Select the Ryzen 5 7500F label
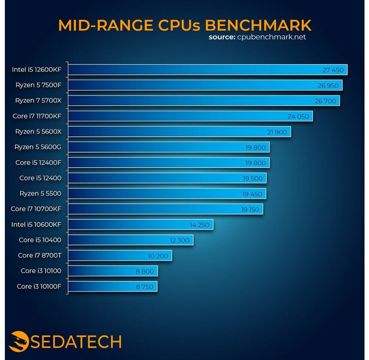coord(38,85)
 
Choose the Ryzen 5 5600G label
coord(38,147)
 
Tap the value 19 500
coord(252,178)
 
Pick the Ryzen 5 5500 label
coord(40,193)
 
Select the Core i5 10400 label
coord(40,240)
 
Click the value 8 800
coord(145,271)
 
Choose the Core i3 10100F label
coord(39,286)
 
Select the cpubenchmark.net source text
coord(272,37)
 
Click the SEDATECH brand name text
coord(76,342)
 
